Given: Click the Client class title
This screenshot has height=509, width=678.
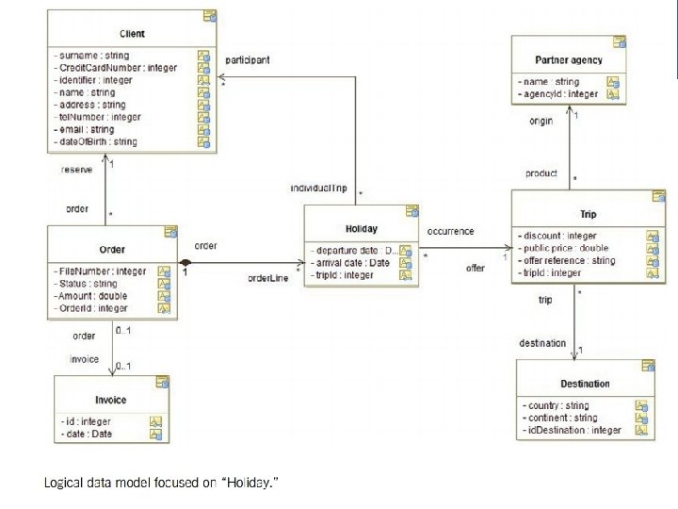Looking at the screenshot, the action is pyautogui.click(x=133, y=35).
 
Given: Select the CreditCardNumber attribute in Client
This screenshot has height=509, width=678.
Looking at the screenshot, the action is pyautogui.click(x=106, y=69).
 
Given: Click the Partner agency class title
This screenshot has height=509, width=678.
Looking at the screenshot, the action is pyautogui.click(x=567, y=60).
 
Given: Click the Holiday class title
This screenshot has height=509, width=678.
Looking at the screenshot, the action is pyautogui.click(x=363, y=228).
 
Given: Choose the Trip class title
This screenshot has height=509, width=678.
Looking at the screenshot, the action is pyautogui.click(x=588, y=214).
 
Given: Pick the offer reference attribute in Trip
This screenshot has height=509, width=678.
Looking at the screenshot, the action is pyautogui.click(x=567, y=260).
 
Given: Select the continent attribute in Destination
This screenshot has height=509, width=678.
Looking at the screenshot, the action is pyautogui.click(x=559, y=418).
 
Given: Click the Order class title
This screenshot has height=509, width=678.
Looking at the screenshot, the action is pyautogui.click(x=112, y=250).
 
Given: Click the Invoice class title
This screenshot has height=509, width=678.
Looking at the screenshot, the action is pyautogui.click(x=111, y=400).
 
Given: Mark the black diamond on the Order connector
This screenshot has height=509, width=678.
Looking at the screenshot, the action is pyautogui.click(x=186, y=262).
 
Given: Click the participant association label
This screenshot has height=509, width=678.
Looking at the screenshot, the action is pyautogui.click(x=248, y=59).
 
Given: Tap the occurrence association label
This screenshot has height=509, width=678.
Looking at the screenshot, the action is pyautogui.click(x=450, y=231).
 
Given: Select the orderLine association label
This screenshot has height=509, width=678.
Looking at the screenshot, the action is pyautogui.click(x=268, y=278).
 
